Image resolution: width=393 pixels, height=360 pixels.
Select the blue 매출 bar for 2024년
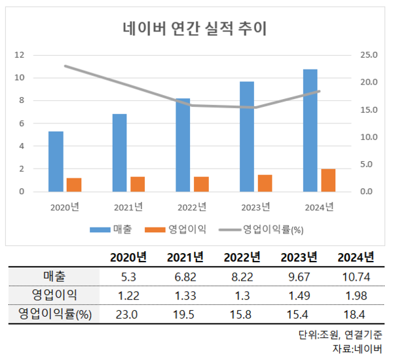310,130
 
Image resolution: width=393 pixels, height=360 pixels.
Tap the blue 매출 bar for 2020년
56,161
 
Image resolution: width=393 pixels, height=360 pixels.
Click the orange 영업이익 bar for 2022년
202,184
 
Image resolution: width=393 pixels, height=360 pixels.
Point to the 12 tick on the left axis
21,55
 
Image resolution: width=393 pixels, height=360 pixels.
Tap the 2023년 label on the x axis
256,207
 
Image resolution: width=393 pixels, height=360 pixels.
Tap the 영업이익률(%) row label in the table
55,315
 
